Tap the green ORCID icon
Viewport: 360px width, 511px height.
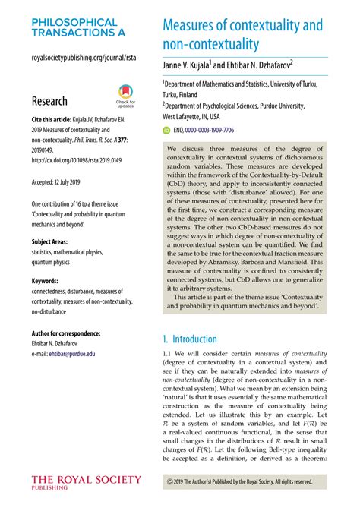168,131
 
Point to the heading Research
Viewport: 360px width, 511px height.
49,101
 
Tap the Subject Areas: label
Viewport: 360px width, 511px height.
54,242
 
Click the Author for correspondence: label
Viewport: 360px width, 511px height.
69,333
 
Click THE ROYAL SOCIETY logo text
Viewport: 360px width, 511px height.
86,481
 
